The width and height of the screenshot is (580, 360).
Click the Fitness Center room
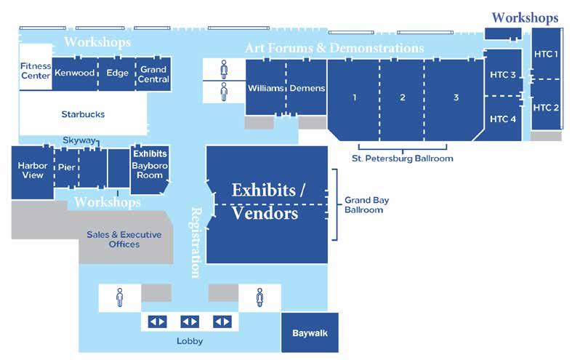35,71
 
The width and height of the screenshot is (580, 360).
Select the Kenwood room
74,73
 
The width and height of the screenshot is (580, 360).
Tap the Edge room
117,73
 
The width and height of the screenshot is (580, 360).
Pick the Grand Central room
153,74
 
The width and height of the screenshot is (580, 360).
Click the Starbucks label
83,114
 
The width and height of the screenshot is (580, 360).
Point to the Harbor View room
32,170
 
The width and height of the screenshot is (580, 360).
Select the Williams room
265,88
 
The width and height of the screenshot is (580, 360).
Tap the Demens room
307,88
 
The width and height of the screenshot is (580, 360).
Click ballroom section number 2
402,98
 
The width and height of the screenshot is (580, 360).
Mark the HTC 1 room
546,54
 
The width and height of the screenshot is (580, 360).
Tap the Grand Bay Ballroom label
363,204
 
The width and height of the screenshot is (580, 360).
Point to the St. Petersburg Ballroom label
402,158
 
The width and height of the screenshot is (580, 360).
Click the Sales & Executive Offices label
124,239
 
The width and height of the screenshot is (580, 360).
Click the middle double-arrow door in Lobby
190,321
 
